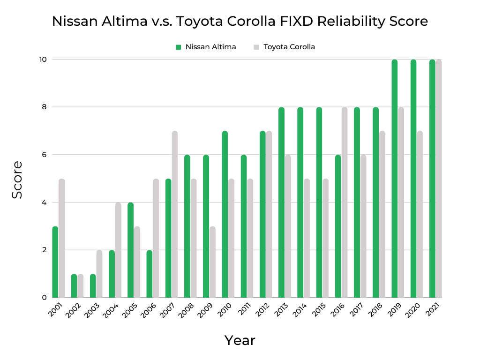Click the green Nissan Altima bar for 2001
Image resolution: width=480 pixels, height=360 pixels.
55,262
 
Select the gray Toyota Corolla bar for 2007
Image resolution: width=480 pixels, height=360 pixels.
175,214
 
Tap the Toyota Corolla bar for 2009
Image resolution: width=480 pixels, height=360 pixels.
212,262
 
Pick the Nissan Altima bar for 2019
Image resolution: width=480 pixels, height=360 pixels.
395,179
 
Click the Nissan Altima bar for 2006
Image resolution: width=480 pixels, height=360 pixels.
150,274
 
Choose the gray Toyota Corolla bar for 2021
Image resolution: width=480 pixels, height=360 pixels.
439,179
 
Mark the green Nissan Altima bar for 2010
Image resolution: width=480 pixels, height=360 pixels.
225,214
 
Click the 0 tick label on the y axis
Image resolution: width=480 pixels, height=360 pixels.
43,298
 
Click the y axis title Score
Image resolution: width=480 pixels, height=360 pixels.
17,180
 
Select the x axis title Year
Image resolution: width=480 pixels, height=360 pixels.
240,340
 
